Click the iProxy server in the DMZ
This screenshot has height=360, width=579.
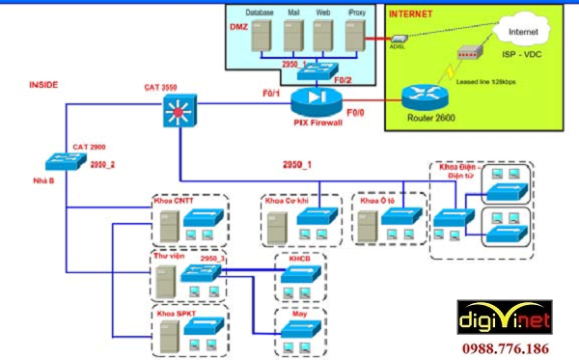pos(357,38)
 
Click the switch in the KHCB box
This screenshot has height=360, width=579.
pos(294,276)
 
